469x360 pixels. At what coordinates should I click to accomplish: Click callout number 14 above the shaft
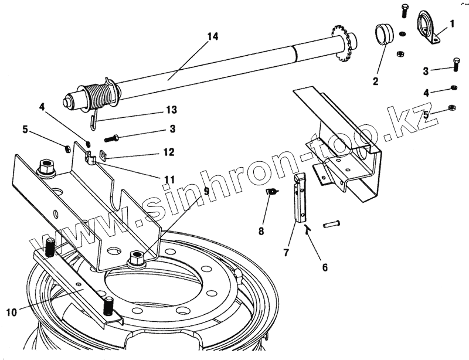212,36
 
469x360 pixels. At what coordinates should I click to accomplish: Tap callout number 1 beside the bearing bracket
452,24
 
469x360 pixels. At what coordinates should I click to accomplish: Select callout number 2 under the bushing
375,81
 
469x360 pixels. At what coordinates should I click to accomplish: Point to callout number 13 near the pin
171,110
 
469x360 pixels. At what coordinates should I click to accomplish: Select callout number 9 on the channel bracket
206,191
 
